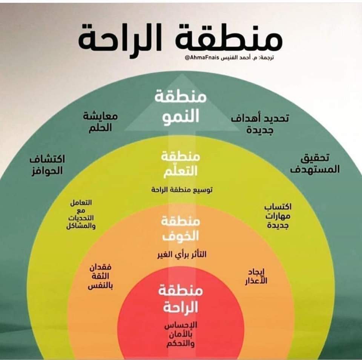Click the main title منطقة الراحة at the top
(x=180, y=38)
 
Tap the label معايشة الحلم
(x=100, y=122)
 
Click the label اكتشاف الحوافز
(x=47, y=165)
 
